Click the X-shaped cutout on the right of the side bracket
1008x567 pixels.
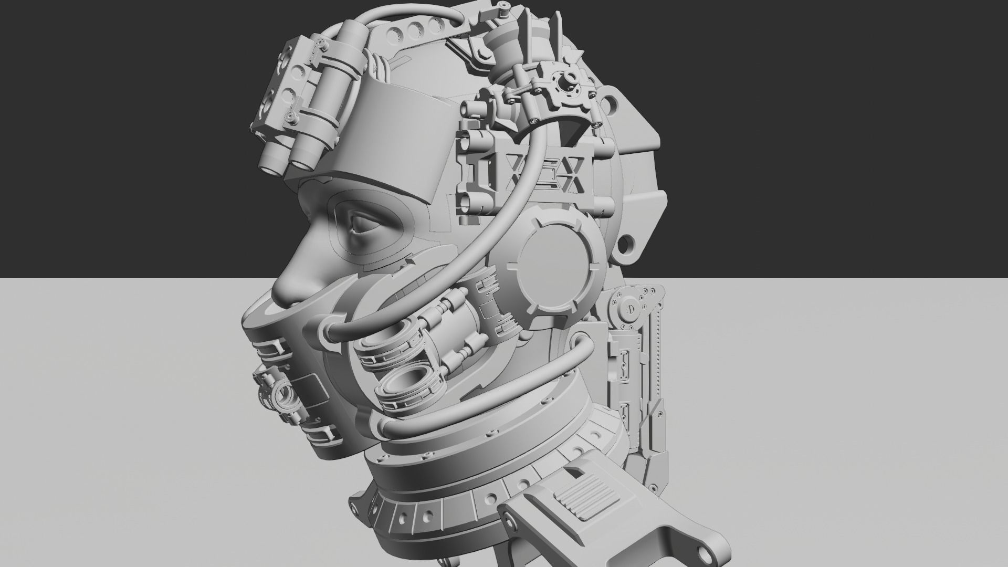point(572,176)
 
